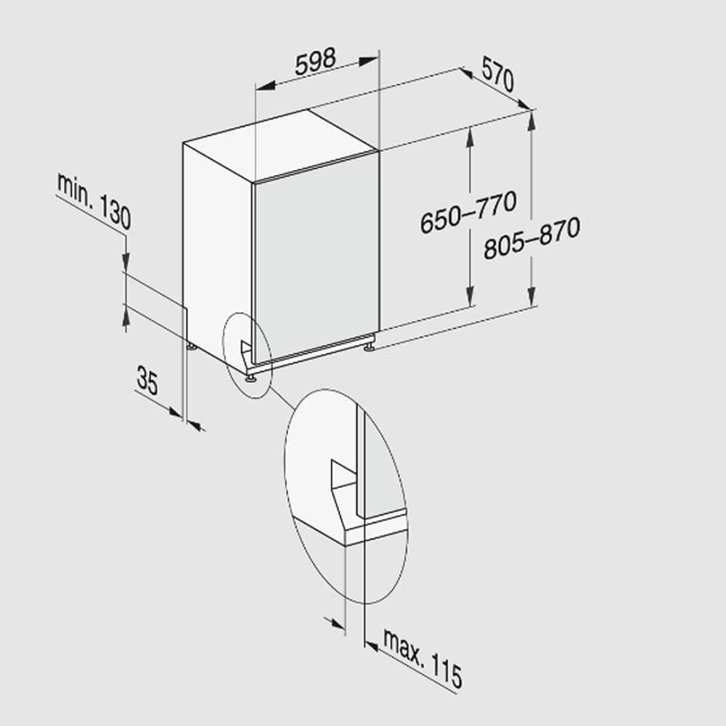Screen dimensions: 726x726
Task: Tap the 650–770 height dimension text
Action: pyautogui.click(x=468, y=211)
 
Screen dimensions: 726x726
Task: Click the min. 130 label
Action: pyautogui.click(x=94, y=202)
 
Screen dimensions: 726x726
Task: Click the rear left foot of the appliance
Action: pyautogui.click(x=190, y=347)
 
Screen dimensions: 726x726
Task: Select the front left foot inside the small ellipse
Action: pyautogui.click(x=250, y=375)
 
